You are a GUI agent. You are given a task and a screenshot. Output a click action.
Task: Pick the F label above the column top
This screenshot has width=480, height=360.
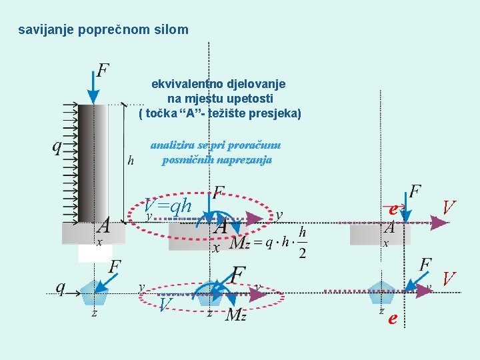103,70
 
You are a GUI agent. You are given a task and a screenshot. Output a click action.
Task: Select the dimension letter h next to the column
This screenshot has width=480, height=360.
131,160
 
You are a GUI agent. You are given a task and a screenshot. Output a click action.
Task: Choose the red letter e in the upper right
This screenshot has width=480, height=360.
393,209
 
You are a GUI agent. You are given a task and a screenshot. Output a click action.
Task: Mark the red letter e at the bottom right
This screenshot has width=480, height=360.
393,319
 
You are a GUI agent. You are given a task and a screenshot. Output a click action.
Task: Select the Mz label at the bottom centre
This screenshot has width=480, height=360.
236,314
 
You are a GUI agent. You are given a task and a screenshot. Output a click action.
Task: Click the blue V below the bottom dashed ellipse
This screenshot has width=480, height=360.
167,304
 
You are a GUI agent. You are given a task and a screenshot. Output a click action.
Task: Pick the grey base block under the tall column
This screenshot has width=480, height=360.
94,233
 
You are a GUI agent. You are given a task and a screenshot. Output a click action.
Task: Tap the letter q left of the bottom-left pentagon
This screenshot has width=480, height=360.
61,287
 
